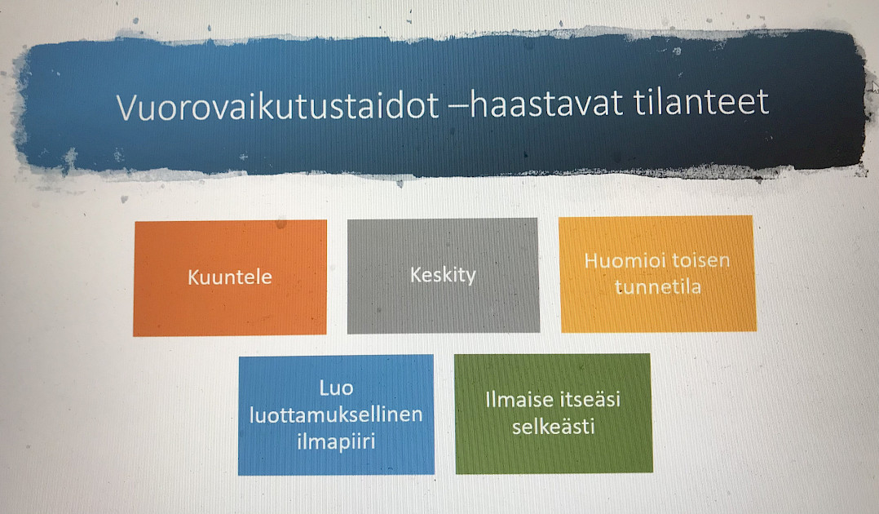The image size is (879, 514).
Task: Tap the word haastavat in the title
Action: coord(546,104)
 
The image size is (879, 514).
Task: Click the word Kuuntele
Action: coord(230,277)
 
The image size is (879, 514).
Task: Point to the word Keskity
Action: coord(443,275)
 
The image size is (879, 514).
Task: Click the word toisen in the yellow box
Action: coord(700,260)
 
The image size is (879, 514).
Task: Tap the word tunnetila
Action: coord(657,286)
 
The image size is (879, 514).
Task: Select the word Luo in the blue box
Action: coord(336,388)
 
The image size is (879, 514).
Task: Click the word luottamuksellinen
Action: coord(336,414)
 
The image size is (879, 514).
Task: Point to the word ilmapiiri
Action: coord(336,441)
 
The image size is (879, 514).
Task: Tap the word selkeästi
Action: coord(554,427)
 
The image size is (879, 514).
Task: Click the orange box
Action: coord(230,277)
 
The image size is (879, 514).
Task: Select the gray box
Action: coord(443,276)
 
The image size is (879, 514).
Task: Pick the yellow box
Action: coord(657,273)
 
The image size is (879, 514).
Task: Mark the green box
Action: coord(554,414)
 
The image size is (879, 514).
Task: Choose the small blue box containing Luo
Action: coord(336,414)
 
